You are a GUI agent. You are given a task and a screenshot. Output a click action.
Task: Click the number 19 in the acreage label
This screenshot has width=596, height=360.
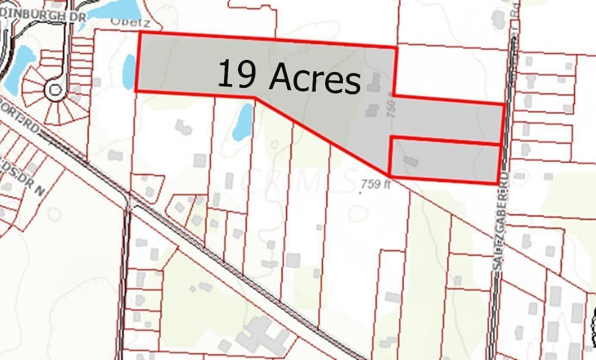pyautogui.click(x=236, y=74)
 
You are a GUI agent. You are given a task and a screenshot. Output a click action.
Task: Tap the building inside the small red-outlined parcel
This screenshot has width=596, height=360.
pyautogui.click(x=410, y=162)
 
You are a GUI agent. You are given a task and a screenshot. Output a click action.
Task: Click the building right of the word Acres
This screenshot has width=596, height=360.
pyautogui.click(x=374, y=82)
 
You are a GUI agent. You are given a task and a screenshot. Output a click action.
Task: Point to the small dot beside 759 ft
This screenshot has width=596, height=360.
pyautogui.click(x=360, y=193)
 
